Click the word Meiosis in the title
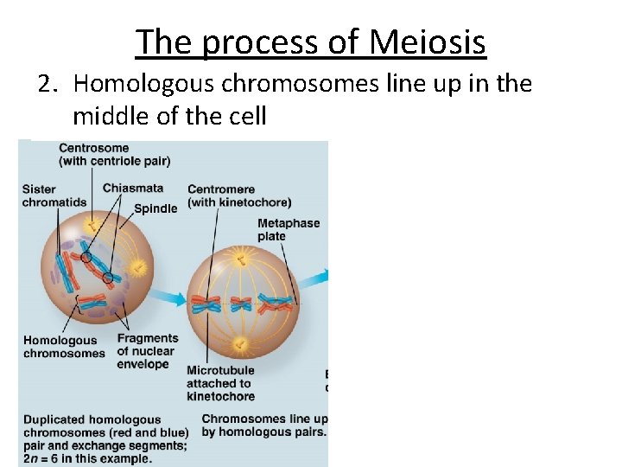(x=427, y=41)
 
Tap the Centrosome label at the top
(x=93, y=148)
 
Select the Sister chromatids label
(x=54, y=195)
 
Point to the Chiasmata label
(x=132, y=189)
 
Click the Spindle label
(x=155, y=208)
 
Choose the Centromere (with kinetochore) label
(x=227, y=195)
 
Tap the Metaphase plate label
(x=289, y=229)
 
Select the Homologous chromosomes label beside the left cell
(x=64, y=347)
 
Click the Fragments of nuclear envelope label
(x=147, y=351)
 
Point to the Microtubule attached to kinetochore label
(x=220, y=383)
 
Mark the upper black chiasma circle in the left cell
(x=86, y=257)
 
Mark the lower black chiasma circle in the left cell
(x=108, y=278)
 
